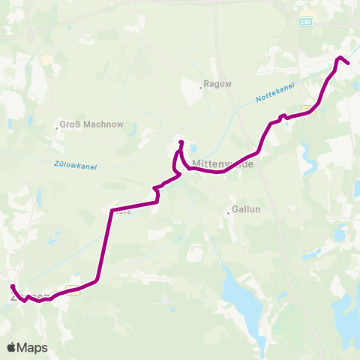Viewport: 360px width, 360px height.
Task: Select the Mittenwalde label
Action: pyautogui.click(x=223, y=162)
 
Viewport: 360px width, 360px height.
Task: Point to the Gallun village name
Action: pyautogui.click(x=246, y=211)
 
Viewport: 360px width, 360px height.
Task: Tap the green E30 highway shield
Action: pyautogui.click(x=305, y=22)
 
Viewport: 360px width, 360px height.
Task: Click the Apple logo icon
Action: pyautogui.click(x=11, y=347)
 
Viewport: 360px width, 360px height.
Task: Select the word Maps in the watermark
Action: pyautogui.click(x=33, y=347)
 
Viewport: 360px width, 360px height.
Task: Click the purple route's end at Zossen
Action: pyautogui.click(x=12, y=287)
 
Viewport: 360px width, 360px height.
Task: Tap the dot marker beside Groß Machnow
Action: pyautogui.click(x=57, y=127)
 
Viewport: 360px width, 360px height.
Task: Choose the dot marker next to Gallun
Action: pyautogui.click(x=229, y=213)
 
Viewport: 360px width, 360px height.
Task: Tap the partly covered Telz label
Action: pyautogui.click(x=124, y=212)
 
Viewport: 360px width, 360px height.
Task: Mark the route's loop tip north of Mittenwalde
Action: pyautogui.click(x=181, y=142)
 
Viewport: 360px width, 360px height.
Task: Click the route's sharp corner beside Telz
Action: pyautogui.click(x=112, y=210)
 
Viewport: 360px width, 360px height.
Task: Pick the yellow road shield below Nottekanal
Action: pyautogui.click(x=308, y=109)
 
